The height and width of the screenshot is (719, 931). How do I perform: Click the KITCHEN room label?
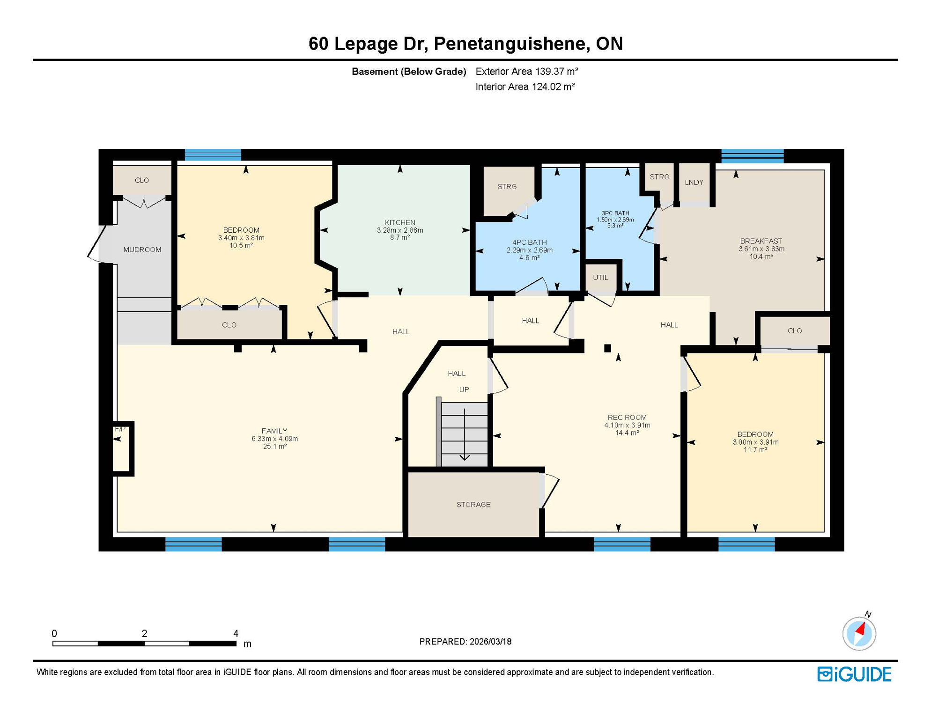(x=399, y=222)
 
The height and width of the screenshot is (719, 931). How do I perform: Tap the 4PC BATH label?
(x=529, y=242)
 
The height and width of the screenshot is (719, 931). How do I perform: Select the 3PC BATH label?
(x=615, y=213)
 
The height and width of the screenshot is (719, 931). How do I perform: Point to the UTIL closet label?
(x=600, y=278)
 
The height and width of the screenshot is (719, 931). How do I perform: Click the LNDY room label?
(x=694, y=183)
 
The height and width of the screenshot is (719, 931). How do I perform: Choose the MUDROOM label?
(x=142, y=250)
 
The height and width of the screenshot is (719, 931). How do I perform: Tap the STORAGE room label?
(x=473, y=505)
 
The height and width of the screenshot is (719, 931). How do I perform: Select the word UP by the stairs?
(x=464, y=389)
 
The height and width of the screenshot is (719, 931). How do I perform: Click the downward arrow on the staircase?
(x=464, y=457)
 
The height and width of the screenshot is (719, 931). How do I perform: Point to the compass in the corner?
(x=859, y=634)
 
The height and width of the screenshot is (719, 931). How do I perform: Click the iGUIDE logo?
(x=854, y=674)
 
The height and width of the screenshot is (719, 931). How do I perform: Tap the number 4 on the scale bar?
(x=236, y=633)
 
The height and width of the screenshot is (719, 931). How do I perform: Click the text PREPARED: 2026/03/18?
(x=465, y=642)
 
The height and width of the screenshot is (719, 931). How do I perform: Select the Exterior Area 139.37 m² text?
(x=526, y=72)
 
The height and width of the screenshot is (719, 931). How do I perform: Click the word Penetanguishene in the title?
(x=509, y=44)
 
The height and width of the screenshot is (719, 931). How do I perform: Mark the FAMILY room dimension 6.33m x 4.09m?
(x=274, y=439)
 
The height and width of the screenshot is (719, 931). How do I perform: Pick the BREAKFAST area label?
(x=761, y=241)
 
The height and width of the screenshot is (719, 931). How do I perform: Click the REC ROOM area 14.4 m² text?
(x=627, y=433)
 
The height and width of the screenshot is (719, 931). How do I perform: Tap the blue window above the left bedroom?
(x=213, y=155)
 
